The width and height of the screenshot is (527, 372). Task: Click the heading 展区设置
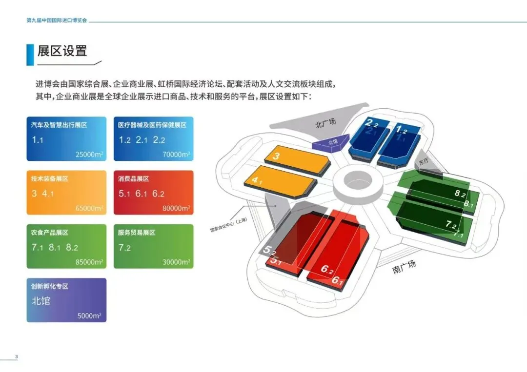click(x=62, y=51)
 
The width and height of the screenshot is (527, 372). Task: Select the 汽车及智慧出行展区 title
click(x=59, y=125)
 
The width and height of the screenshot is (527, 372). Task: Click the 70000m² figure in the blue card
click(x=176, y=155)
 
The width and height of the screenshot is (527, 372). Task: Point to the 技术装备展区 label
click(x=50, y=179)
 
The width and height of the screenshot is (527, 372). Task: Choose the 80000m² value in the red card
click(x=176, y=208)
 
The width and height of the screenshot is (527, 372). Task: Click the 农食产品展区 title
click(x=50, y=233)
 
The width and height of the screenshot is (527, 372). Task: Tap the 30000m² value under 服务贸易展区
click(x=176, y=262)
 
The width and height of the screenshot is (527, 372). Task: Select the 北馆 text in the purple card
click(x=41, y=301)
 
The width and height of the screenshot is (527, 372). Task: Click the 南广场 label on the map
click(x=405, y=267)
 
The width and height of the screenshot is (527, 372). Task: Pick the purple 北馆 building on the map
click(x=331, y=142)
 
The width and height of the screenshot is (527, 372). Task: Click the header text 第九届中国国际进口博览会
click(x=57, y=21)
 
